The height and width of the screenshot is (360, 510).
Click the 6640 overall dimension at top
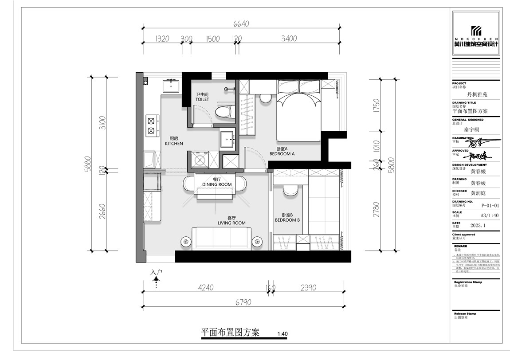coord(241,25)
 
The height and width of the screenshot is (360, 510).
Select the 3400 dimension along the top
coord(289,39)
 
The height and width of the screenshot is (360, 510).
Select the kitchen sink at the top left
coord(170,85)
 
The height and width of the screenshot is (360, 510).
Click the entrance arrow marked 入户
coord(156,278)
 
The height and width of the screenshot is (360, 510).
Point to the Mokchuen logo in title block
coord(476,34)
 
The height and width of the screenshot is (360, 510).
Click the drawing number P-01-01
coord(490,206)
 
